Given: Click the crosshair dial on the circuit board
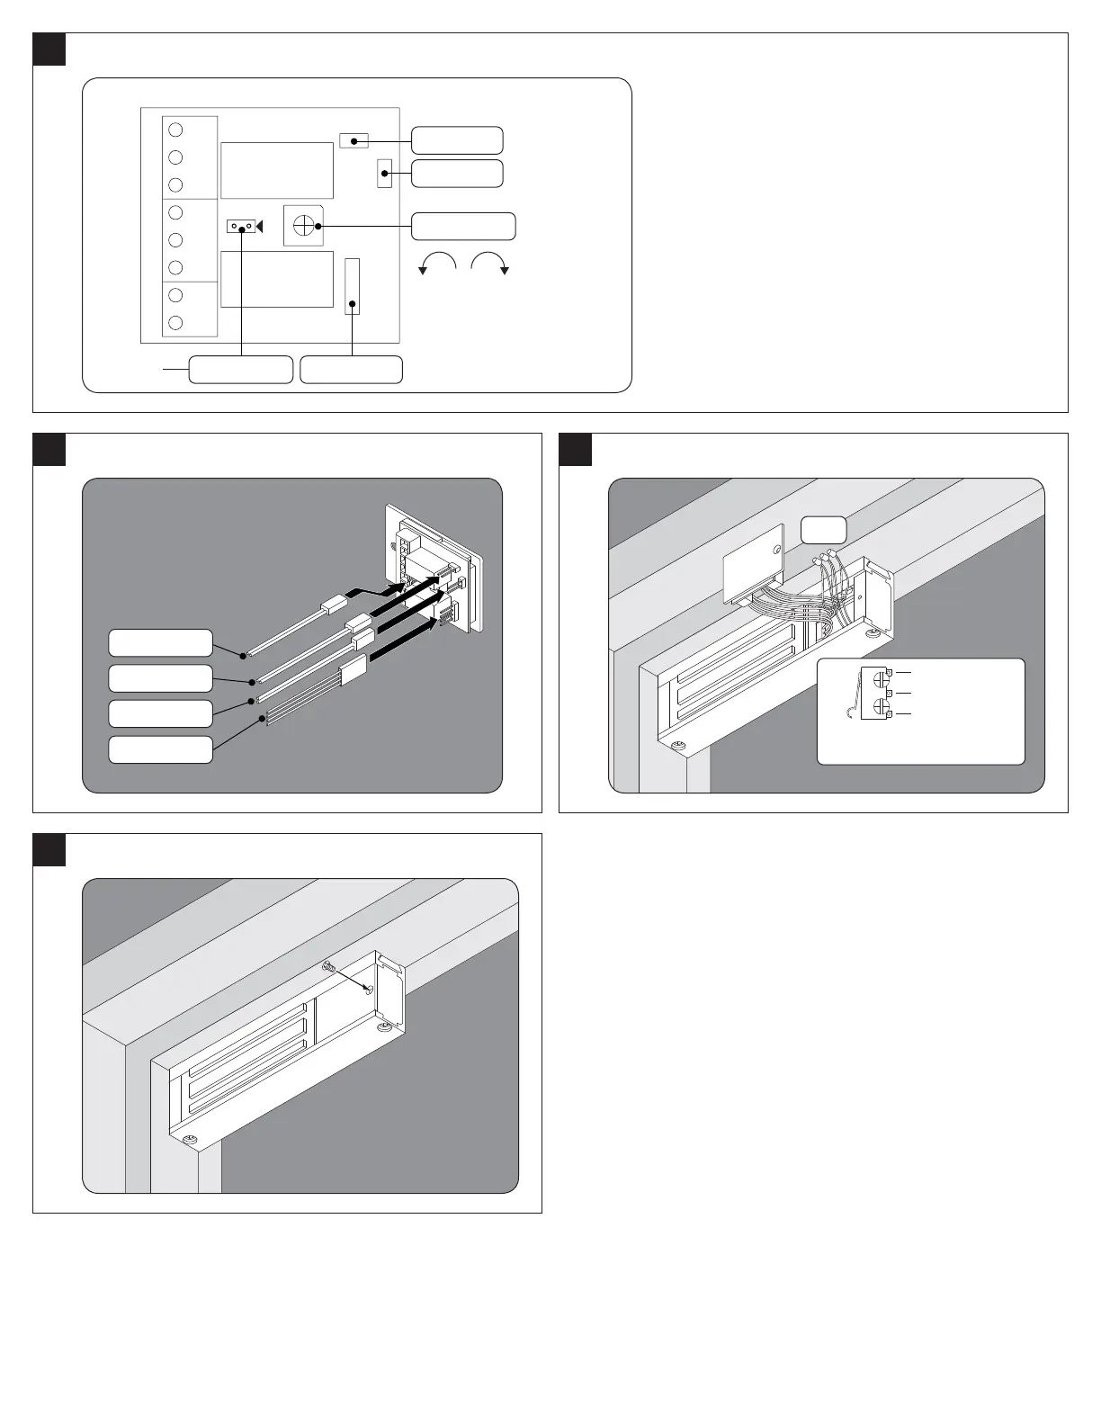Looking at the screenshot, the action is [303, 225].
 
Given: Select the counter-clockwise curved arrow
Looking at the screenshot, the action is [439, 261].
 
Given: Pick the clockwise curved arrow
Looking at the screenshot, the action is [490, 261].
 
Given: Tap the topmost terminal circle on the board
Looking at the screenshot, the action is [175, 129].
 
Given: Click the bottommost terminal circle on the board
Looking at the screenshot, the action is [175, 322].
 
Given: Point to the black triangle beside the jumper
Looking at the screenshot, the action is [259, 227].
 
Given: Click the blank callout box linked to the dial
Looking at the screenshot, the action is [463, 227].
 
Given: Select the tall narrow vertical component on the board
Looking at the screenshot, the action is [353, 286].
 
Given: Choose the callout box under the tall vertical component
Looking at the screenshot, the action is [351, 370].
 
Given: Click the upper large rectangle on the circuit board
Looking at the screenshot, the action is [277, 170].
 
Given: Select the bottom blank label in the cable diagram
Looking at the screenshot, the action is [160, 749].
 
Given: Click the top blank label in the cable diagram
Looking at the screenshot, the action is [160, 643].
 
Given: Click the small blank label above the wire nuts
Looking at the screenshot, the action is [824, 530].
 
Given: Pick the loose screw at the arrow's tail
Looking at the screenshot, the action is [328, 967].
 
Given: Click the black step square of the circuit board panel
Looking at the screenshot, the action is [49, 49].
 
